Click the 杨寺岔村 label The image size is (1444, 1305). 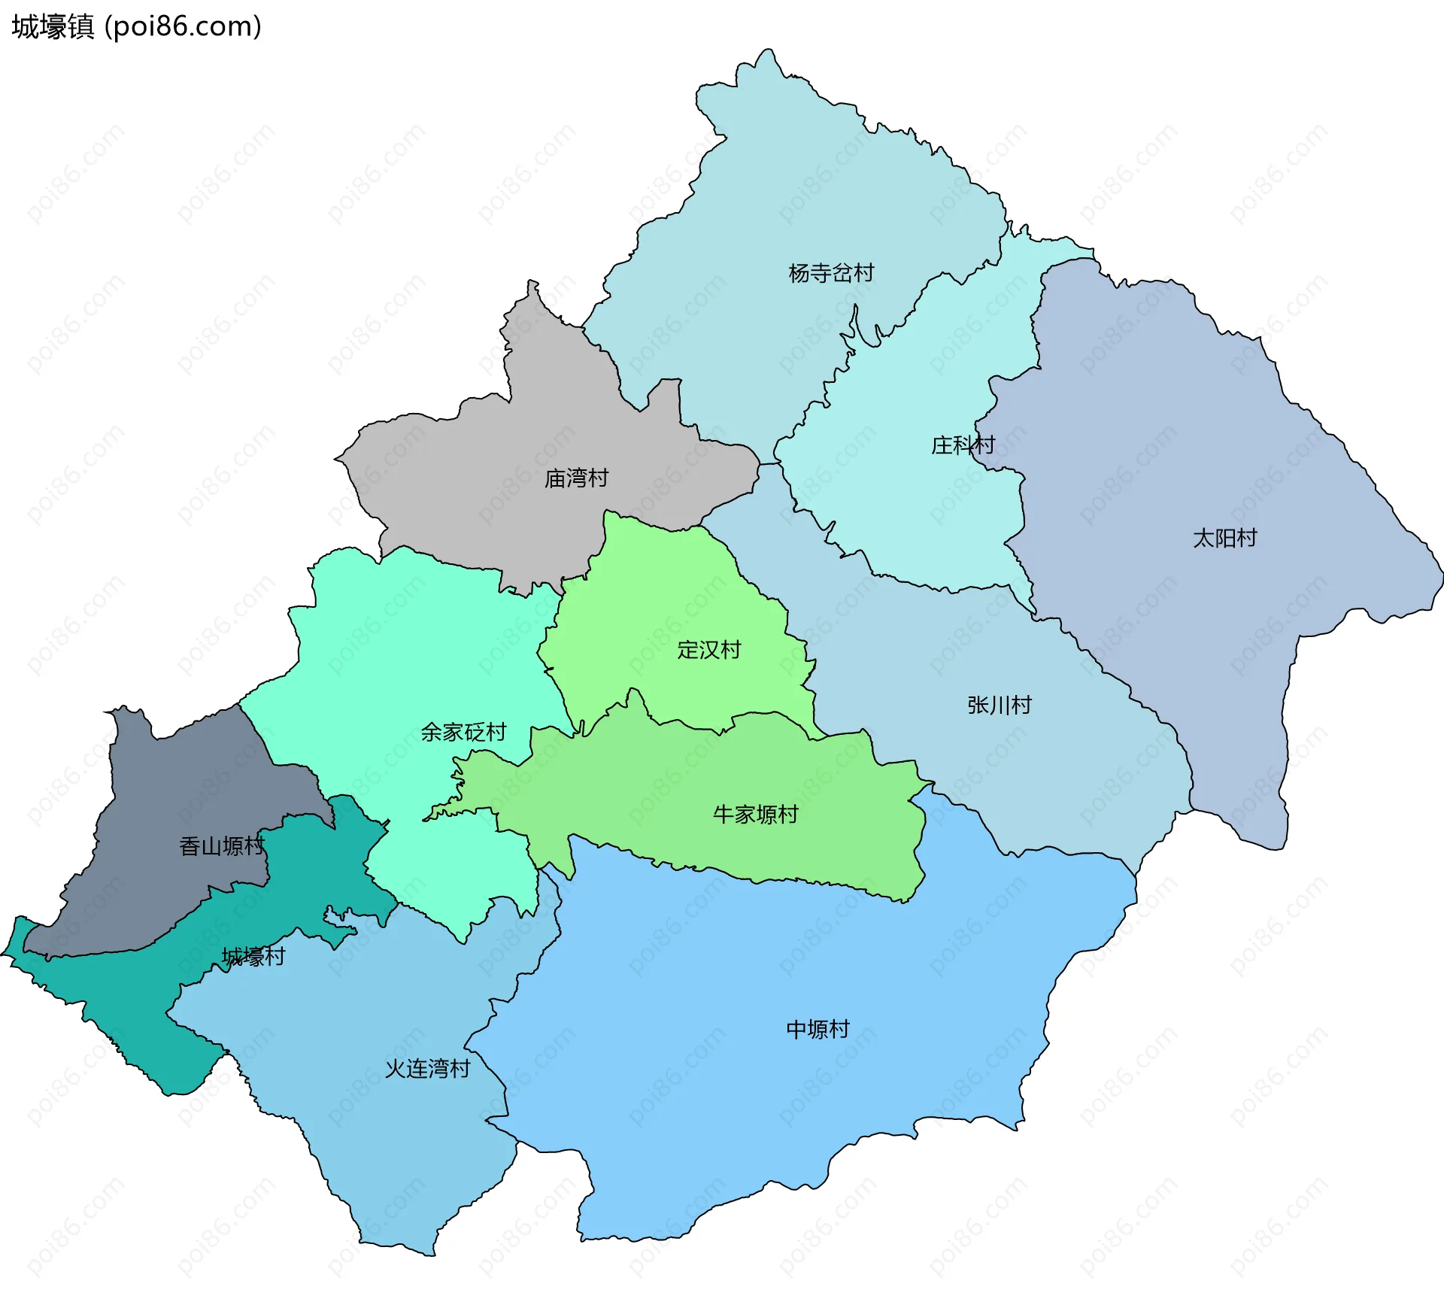pos(831,273)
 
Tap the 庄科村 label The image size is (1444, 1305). pos(963,445)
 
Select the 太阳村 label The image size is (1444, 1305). pos(1224,539)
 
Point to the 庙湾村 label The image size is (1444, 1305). pos(576,478)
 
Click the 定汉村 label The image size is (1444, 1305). pos(708,650)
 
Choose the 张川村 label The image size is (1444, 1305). pos(999,706)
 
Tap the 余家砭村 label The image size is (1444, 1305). pos(463,733)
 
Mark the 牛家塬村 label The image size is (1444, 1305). pos(755,815)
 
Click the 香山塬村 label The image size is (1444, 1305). pos(222,847)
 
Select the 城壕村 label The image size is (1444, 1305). pos(253,957)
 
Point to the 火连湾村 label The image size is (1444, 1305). pos(427,1069)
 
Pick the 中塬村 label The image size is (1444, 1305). pos(818,1030)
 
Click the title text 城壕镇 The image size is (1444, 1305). pos(53,27)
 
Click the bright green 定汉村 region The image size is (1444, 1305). pos(662,602)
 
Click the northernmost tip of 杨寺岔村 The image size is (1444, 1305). pos(767,51)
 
